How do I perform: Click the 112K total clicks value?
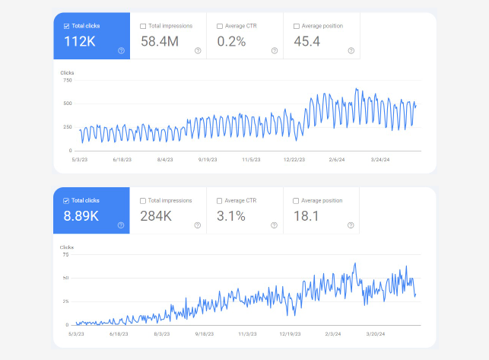[x=80, y=42]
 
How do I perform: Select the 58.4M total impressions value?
[x=160, y=42]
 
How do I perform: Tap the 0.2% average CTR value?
[x=231, y=42]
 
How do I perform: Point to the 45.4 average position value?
[x=307, y=42]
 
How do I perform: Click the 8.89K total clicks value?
[x=81, y=216]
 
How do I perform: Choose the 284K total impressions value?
[x=156, y=216]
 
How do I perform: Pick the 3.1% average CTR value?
[x=231, y=216]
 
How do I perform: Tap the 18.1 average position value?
[x=306, y=216]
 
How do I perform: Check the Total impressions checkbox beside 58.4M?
[x=143, y=26]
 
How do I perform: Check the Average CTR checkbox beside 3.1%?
[x=220, y=201]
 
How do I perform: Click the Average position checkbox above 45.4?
[x=297, y=26]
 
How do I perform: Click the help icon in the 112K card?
[x=122, y=50]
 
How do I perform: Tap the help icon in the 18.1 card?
[x=351, y=225]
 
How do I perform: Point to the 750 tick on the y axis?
[x=68, y=80]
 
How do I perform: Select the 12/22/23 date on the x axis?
[x=294, y=160]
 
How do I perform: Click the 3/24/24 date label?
[x=380, y=160]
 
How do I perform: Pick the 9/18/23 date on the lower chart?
[x=205, y=334]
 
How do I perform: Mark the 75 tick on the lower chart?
[x=65, y=255]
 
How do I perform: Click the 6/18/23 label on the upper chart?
[x=122, y=160]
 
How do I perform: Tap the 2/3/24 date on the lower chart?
[x=333, y=334]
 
